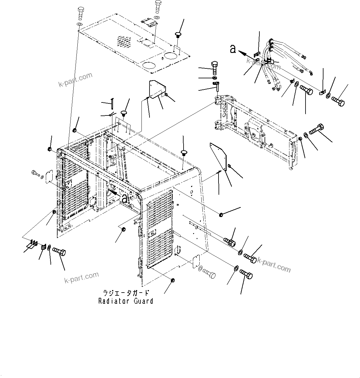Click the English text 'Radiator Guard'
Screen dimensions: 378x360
(x=126, y=301)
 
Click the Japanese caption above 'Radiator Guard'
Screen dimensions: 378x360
(x=126, y=293)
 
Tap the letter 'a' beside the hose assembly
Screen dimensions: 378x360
(x=233, y=49)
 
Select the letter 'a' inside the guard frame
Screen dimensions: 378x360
(x=124, y=198)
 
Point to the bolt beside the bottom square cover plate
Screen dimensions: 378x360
(x=210, y=274)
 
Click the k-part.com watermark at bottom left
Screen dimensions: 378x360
(x=81, y=277)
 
